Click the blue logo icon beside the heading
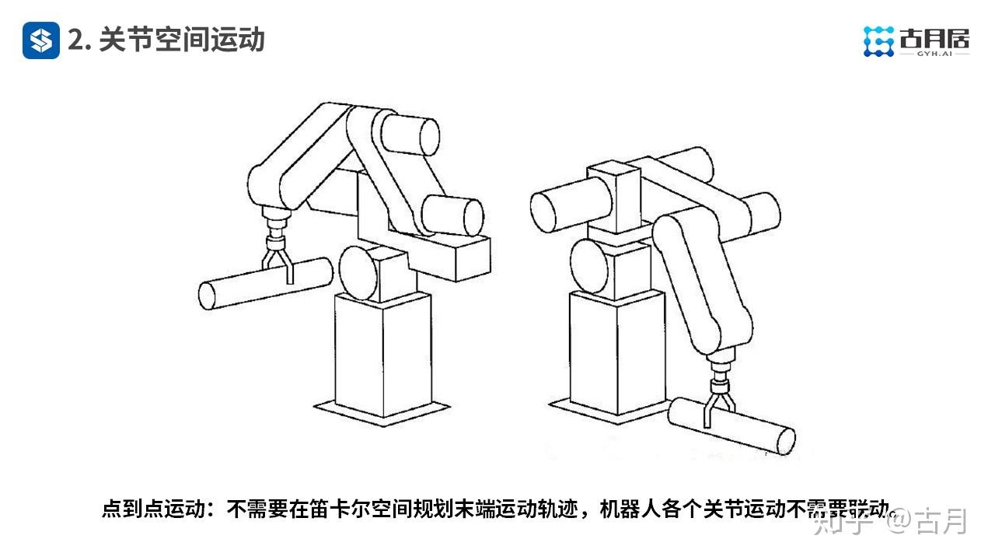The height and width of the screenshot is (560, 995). tap(40, 40)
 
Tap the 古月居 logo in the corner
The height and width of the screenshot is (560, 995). tap(917, 40)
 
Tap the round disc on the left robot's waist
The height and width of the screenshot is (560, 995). tap(357, 271)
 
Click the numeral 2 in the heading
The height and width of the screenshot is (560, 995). tap(75, 40)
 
